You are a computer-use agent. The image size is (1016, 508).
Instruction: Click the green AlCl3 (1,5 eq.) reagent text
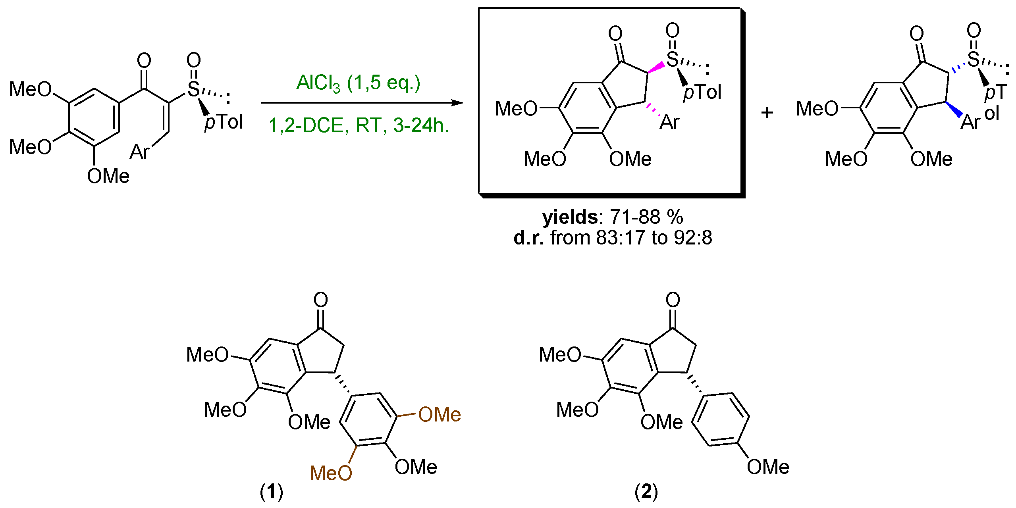pyautogui.click(x=358, y=83)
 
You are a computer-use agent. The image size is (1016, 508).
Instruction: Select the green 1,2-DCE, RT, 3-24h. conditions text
pyautogui.click(x=359, y=126)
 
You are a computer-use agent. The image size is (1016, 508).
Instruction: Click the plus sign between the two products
pyautogui.click(x=767, y=113)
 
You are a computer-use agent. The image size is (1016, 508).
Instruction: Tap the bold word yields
pyautogui.click(x=570, y=217)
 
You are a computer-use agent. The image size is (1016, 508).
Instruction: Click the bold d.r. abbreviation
pyautogui.click(x=528, y=238)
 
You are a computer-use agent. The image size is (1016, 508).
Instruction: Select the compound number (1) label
pyautogui.click(x=272, y=492)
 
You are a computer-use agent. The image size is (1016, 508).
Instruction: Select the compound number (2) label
pyautogui.click(x=646, y=492)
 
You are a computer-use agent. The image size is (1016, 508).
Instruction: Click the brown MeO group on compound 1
pyautogui.click(x=331, y=473)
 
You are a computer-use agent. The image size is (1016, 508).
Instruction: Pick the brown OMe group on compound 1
pyautogui.click(x=439, y=415)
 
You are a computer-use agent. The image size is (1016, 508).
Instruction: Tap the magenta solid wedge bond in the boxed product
pyautogui.click(x=656, y=67)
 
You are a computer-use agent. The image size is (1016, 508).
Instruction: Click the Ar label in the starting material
pyautogui.click(x=139, y=152)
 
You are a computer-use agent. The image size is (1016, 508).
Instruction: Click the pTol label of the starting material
pyautogui.click(x=223, y=122)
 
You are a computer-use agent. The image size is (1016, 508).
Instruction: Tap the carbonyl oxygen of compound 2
pyautogui.click(x=673, y=300)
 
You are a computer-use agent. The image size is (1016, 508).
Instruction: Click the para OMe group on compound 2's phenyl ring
pyautogui.click(x=767, y=467)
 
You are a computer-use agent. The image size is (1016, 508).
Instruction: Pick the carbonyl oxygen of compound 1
pyautogui.click(x=320, y=300)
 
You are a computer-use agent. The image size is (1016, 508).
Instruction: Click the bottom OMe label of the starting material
pyautogui.click(x=108, y=176)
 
